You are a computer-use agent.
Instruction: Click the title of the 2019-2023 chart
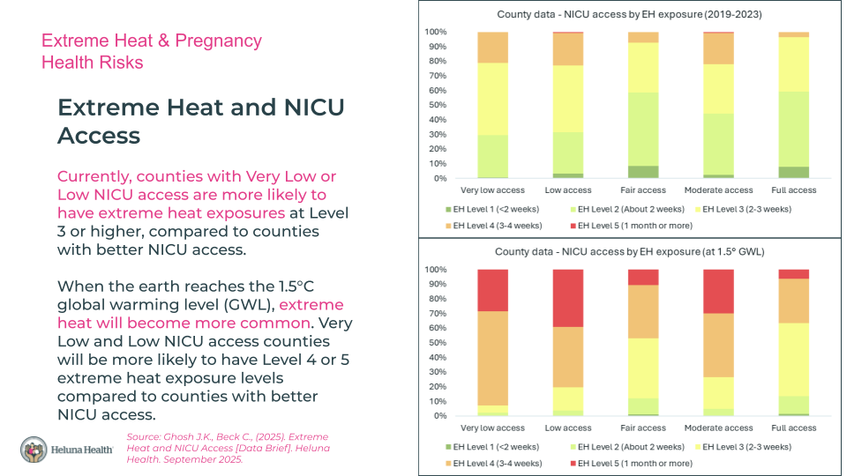[629, 14]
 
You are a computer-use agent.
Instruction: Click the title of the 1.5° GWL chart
[629, 251]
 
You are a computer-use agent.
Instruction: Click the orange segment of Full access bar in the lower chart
[793, 301]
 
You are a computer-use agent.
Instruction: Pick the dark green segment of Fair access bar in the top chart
[643, 172]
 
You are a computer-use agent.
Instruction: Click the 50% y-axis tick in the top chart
[436, 105]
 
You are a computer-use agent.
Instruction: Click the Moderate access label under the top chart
[718, 190]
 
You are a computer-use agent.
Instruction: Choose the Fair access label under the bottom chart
[643, 428]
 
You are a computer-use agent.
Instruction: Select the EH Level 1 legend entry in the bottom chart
[484, 447]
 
